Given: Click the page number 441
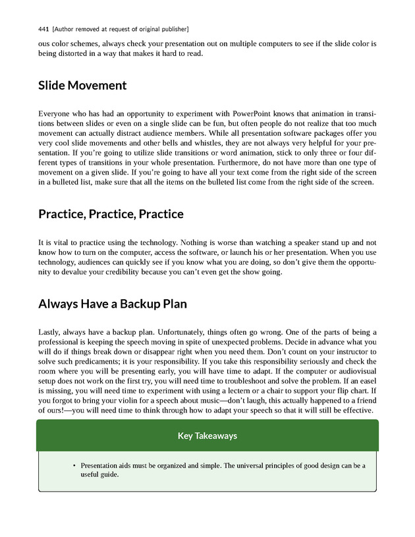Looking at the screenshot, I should tap(44, 30).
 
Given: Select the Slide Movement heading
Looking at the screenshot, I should tap(82, 86).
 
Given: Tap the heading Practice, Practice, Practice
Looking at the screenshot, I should tap(111, 214).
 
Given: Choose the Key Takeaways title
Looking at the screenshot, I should tap(207, 436).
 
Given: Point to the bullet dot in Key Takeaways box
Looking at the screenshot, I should tap(74, 466).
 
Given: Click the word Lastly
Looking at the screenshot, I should tap(52, 331).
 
